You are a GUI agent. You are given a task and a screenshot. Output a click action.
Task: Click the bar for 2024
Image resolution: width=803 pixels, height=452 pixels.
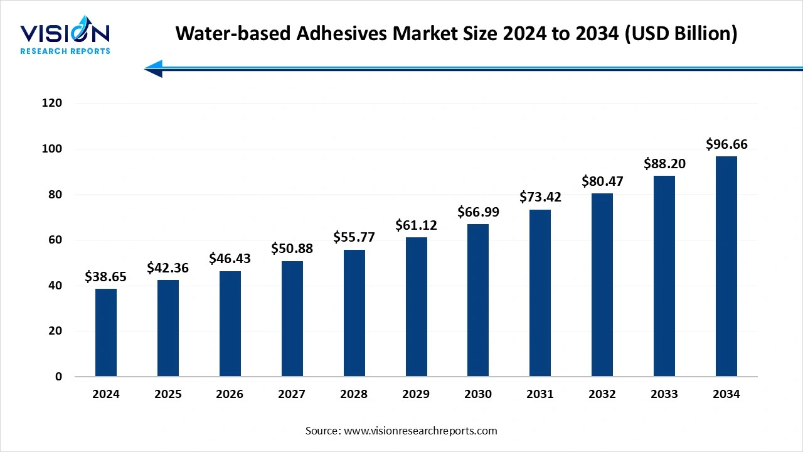point(106,333)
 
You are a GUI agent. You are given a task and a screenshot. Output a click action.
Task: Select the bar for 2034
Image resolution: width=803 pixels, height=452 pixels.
point(726,266)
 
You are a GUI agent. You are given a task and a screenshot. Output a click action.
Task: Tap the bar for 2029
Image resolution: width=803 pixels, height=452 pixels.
point(417,307)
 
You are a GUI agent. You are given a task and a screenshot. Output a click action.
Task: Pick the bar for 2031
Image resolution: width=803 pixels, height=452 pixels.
point(540,293)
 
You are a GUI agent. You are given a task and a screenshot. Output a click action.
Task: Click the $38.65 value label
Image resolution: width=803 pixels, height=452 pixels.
point(105,276)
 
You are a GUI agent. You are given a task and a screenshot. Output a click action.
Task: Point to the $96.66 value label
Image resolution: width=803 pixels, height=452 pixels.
point(726,144)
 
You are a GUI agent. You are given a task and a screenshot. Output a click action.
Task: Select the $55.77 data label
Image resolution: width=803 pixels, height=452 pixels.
point(354,237)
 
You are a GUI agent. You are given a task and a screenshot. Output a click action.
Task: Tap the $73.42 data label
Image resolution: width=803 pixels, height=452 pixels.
point(540,197)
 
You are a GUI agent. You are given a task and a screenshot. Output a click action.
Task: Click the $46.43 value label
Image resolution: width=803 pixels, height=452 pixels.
point(230,259)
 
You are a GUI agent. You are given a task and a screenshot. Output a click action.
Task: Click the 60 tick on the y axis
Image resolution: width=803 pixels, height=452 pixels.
point(56,240)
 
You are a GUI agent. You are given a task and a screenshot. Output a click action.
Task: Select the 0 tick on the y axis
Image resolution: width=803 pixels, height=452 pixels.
point(58,377)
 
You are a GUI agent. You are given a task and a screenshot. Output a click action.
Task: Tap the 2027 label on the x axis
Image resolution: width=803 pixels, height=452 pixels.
point(292,394)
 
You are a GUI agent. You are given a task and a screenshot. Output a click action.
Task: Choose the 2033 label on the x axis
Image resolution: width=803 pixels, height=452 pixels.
point(664,394)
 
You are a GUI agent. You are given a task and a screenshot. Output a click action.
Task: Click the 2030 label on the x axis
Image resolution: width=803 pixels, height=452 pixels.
point(478,394)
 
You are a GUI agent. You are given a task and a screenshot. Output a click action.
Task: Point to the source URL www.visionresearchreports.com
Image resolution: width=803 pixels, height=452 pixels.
point(420,431)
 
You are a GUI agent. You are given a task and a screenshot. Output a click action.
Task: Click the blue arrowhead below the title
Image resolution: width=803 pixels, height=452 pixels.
point(154,68)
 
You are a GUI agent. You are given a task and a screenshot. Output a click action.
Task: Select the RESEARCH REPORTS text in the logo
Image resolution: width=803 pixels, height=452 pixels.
point(65,51)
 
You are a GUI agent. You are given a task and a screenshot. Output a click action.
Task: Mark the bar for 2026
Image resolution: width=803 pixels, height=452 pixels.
point(230,324)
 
